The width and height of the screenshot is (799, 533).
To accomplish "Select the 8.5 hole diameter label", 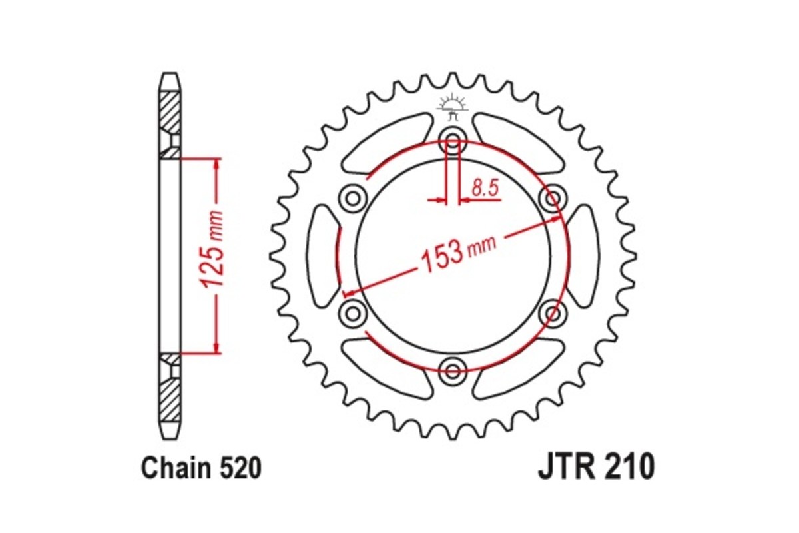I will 485,189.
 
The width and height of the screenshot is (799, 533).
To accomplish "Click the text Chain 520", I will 201,469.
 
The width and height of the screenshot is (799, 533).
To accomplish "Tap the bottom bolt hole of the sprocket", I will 453,368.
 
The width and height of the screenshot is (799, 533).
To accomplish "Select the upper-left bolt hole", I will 353,198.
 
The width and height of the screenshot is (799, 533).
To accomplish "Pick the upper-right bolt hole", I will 551,198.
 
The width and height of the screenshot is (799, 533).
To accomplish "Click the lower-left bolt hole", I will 353,312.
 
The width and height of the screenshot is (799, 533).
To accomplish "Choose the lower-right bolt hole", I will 552,312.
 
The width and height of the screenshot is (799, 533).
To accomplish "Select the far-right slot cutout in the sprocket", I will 583,255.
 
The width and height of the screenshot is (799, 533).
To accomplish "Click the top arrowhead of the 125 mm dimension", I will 216,164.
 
